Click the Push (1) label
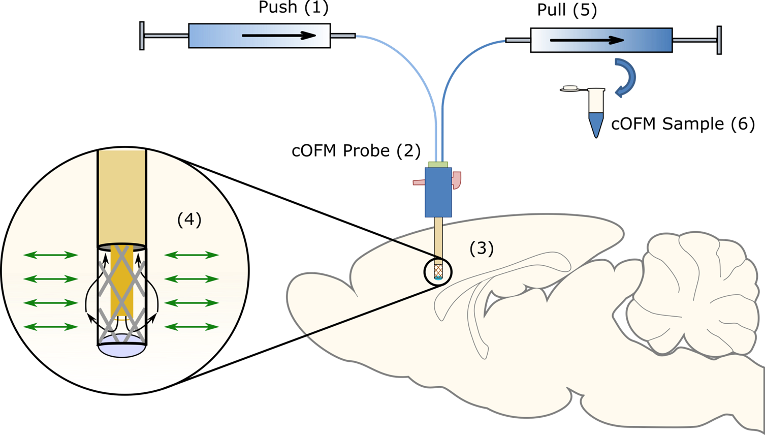click(293, 8)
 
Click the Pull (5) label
click(567, 10)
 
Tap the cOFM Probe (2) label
click(356, 150)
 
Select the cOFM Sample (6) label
click(683, 124)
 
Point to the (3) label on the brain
click(481, 248)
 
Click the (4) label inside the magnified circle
click(189, 220)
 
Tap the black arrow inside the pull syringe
click(587, 40)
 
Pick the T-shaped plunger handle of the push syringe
click(142, 36)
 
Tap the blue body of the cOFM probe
click(438, 193)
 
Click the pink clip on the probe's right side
click(457, 180)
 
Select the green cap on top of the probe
click(438, 164)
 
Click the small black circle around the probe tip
click(437, 272)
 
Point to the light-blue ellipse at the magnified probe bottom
click(122, 350)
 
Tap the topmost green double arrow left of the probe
click(50, 255)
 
